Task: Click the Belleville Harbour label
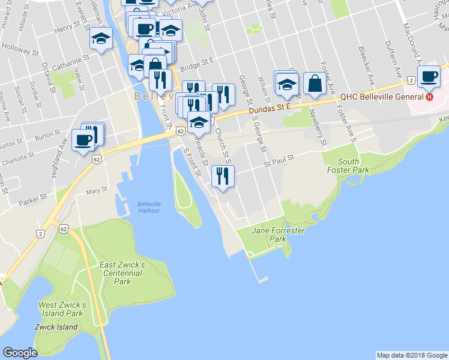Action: [149, 206]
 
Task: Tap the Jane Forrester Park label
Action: [278, 235]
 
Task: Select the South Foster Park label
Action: [348, 166]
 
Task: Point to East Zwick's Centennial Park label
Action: [122, 273]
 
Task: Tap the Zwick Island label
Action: [58, 327]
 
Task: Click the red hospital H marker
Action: [429, 97]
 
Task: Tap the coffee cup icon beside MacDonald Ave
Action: [429, 77]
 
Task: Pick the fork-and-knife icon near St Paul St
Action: [223, 177]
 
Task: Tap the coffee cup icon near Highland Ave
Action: [83, 141]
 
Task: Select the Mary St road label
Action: [96, 190]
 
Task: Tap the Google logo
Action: [20, 353]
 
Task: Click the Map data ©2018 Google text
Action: [411, 355]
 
